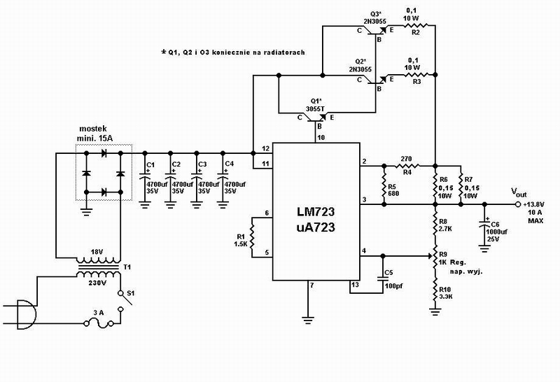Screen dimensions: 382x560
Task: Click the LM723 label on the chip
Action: point(316,212)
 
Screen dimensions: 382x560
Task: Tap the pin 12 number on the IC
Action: point(265,148)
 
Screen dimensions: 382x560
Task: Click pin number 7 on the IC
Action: point(312,285)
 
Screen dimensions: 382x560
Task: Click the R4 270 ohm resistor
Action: point(408,166)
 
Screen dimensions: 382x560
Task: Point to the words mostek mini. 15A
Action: point(94,134)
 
